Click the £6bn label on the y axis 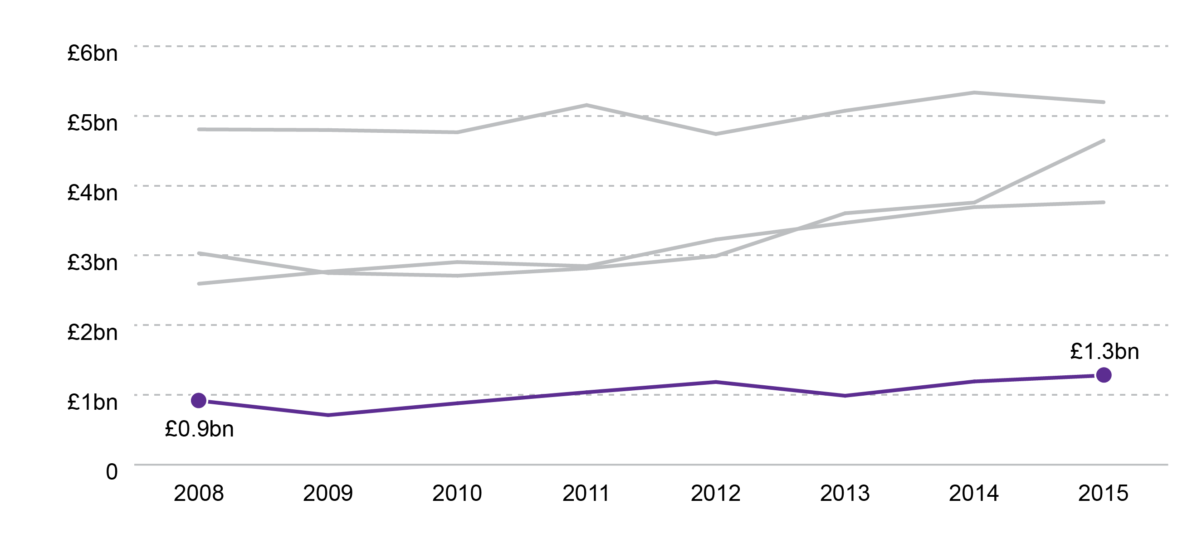tap(93, 53)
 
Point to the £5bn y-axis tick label tap(93, 123)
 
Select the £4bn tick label tap(93, 193)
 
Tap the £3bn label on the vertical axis tap(93, 262)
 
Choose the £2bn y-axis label tap(93, 333)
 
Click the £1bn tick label tap(93, 402)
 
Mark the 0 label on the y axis tap(112, 471)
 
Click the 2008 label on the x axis tap(199, 494)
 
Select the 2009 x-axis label tap(328, 494)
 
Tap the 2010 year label tap(457, 494)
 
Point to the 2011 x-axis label tap(586, 494)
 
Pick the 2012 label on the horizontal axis tap(716, 494)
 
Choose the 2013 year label tap(845, 494)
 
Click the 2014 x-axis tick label tap(974, 494)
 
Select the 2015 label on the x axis tap(1104, 494)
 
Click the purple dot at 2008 tap(199, 400)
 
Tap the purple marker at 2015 tap(1104, 375)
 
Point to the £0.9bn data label tap(199, 429)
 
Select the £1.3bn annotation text tap(1104, 352)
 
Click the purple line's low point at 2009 tap(328, 415)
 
